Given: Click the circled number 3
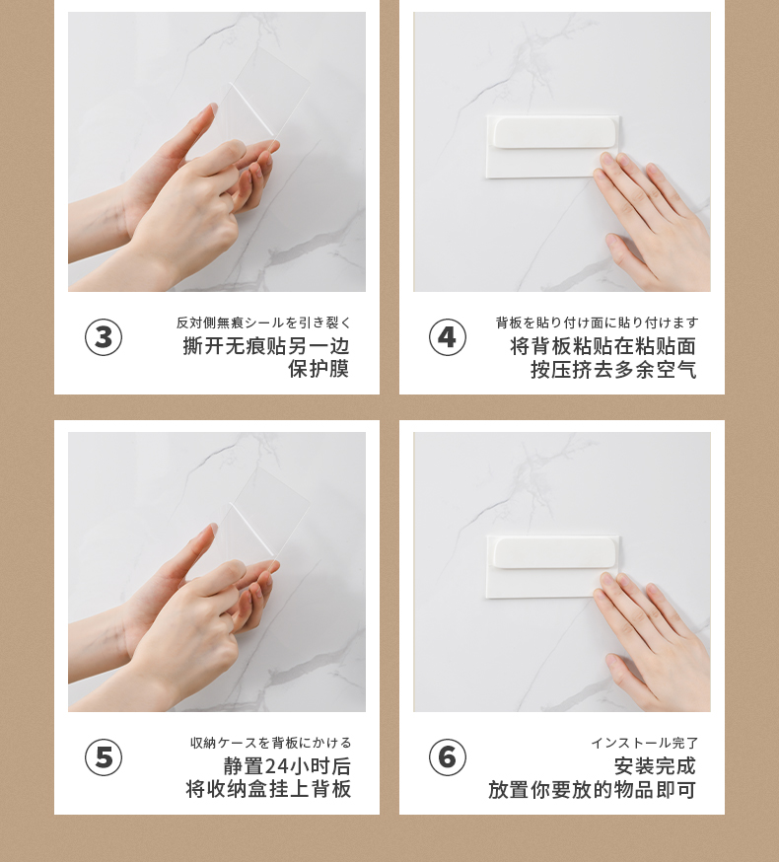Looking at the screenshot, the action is coord(104,337).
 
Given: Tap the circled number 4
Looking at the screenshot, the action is coord(448,337).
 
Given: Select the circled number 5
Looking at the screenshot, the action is coord(104,757).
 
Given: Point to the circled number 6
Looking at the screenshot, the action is coord(448,757).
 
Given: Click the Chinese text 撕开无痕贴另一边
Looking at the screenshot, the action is coord(266,346).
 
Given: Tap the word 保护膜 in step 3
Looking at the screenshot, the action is coord(319,369).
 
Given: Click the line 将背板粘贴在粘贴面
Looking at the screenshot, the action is coord(603,346).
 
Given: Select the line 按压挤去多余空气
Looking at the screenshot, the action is coord(613,370).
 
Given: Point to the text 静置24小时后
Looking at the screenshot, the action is coord(287,765).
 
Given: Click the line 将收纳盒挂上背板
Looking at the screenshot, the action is coord(268,789).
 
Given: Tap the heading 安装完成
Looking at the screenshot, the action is coord(656,765).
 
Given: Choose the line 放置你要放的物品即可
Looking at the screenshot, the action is coord(593,790).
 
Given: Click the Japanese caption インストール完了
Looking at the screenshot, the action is coord(644,744).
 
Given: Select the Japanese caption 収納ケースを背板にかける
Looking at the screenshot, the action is coord(271,744).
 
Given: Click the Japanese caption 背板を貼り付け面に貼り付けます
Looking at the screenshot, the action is coord(597,323).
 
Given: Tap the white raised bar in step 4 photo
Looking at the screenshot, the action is coord(555,132).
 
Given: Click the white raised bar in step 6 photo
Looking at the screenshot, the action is coord(555,552).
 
